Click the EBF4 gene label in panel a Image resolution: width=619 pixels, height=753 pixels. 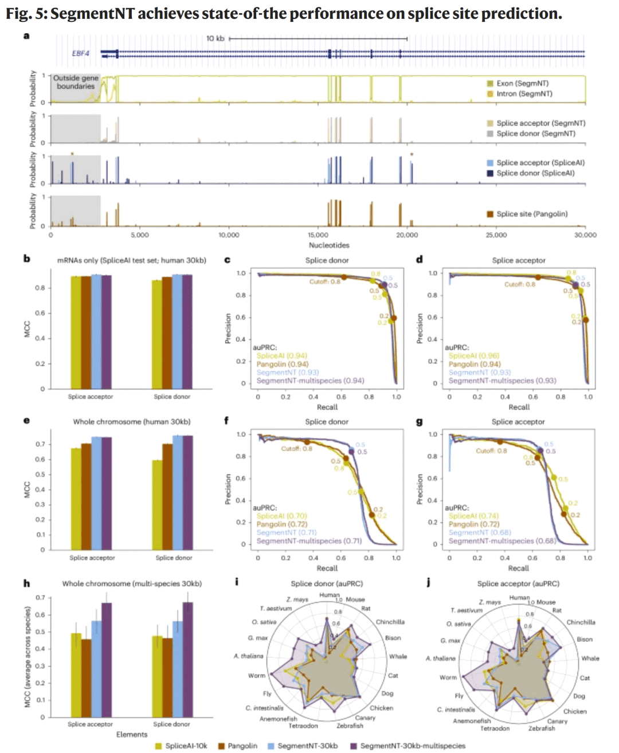point(80,53)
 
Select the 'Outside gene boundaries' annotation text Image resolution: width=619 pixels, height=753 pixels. point(76,82)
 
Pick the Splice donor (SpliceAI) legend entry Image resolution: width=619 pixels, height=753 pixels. point(535,173)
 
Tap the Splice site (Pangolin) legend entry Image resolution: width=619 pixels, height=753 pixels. point(531,214)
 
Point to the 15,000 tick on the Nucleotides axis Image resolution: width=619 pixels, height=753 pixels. point(318,235)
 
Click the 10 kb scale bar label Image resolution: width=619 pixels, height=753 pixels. point(216,38)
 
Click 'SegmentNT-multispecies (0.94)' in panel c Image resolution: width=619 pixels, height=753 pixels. point(310,381)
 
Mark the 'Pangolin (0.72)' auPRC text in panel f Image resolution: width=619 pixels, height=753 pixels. point(282,524)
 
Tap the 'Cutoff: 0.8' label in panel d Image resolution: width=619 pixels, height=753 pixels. point(519,284)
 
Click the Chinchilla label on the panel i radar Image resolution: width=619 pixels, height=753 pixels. point(390,622)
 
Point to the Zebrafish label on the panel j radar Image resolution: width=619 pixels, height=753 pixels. point(542,728)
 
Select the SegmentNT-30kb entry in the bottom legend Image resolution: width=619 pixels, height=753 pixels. point(307,746)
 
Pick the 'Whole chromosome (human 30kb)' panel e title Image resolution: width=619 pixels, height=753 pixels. point(131,422)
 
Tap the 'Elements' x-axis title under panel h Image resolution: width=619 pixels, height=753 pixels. point(132,735)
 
